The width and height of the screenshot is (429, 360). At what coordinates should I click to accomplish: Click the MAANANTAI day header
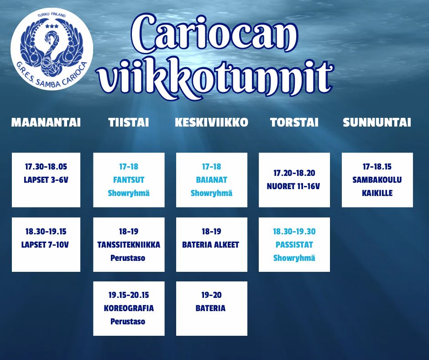[46, 122]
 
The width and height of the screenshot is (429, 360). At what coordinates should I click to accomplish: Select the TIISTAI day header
[129, 122]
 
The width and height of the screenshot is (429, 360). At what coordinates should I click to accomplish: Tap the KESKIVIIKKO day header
[211, 122]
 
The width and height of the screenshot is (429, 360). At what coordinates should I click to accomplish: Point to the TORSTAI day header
[294, 122]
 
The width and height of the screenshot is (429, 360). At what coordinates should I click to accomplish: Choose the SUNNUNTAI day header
[377, 122]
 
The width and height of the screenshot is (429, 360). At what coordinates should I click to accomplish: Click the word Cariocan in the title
[214, 34]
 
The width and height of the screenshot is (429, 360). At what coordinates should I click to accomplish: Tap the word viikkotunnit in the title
[215, 77]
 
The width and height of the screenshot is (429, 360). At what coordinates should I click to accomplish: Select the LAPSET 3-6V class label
[46, 180]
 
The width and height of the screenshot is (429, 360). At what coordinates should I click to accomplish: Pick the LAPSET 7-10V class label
[45, 245]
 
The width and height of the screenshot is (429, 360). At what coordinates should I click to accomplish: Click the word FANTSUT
[129, 180]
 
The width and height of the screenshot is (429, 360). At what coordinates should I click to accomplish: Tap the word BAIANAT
[211, 180]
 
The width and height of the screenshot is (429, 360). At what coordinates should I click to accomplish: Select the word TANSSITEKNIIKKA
[129, 245]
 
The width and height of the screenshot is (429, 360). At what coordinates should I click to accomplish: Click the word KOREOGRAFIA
[129, 308]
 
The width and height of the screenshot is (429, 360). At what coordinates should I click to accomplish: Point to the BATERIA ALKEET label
[211, 245]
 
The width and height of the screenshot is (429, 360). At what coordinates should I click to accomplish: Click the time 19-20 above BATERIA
[211, 295]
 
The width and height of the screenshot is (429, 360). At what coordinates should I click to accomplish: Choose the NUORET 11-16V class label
[293, 186]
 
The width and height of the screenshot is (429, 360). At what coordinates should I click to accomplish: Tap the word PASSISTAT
[294, 245]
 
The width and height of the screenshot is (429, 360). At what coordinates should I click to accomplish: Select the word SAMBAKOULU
[377, 180]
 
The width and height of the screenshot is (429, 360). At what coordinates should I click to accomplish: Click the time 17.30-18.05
[46, 167]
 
